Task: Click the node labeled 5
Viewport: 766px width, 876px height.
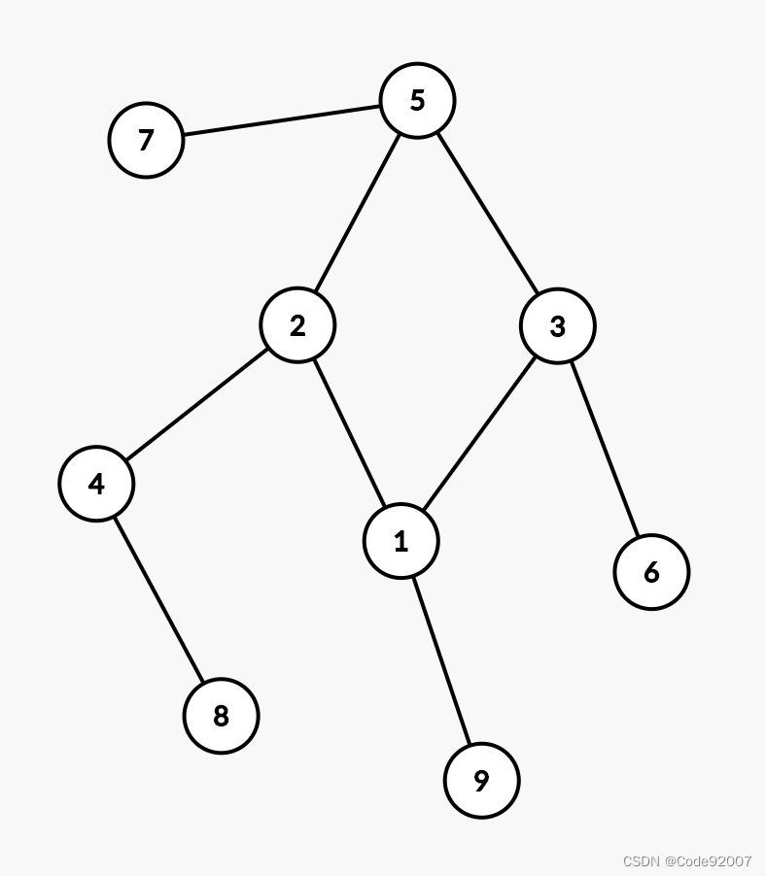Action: tap(417, 100)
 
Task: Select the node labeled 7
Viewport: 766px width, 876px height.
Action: tap(146, 141)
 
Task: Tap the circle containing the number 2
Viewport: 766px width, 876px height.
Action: tap(297, 325)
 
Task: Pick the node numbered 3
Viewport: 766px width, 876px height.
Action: tap(557, 326)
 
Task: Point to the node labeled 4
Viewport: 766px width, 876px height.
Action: tap(96, 484)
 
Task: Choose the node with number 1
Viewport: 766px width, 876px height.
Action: tap(401, 541)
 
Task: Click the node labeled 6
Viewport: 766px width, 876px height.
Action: tap(651, 572)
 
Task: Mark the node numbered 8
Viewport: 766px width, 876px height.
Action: tap(221, 716)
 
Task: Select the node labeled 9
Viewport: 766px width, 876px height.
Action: tap(481, 781)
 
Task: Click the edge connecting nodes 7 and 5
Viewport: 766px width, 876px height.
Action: tap(282, 120)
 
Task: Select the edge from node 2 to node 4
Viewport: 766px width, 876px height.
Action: tap(196, 404)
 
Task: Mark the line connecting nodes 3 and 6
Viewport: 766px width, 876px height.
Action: tap(604, 449)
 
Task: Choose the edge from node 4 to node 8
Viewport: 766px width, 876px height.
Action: tap(158, 599)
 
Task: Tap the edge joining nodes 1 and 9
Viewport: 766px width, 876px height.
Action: tap(441, 660)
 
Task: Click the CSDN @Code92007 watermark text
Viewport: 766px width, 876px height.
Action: tap(686, 861)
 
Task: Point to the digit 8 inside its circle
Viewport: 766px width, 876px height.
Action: tap(221, 716)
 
